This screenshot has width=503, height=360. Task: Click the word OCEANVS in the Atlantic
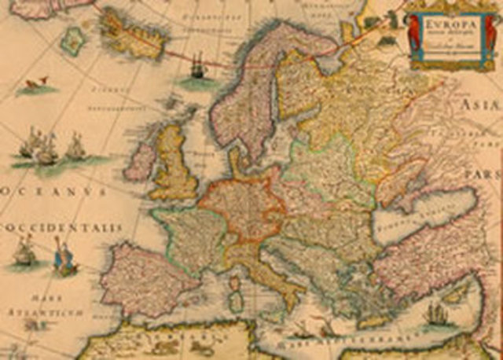point(55,191)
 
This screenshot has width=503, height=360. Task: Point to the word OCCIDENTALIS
point(63,227)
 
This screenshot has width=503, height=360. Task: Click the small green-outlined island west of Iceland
point(73,41)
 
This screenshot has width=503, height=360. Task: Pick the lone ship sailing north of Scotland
point(196,71)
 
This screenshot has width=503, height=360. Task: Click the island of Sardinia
point(234,299)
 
